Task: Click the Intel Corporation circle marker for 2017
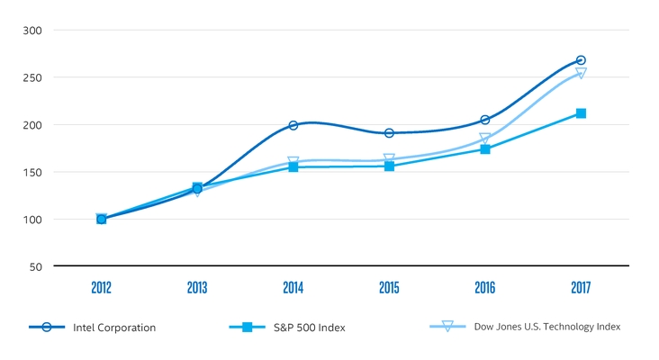(x=581, y=60)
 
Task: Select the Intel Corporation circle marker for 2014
(x=293, y=125)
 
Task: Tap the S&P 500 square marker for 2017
(x=581, y=113)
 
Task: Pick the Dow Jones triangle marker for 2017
(x=581, y=73)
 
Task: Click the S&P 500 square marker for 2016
(x=485, y=148)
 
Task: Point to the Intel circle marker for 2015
(x=389, y=133)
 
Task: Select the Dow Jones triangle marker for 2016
(x=485, y=139)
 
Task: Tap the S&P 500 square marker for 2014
(x=293, y=166)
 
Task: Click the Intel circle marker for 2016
(x=485, y=120)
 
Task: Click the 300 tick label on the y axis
(x=32, y=31)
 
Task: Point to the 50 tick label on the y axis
(x=35, y=267)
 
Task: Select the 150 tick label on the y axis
(x=32, y=172)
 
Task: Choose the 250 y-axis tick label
(x=32, y=77)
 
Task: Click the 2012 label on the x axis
(x=101, y=288)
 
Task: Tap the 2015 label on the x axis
(x=389, y=288)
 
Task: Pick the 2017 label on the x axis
(x=581, y=288)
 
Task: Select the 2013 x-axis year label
(x=197, y=288)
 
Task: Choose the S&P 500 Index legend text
(x=309, y=328)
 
